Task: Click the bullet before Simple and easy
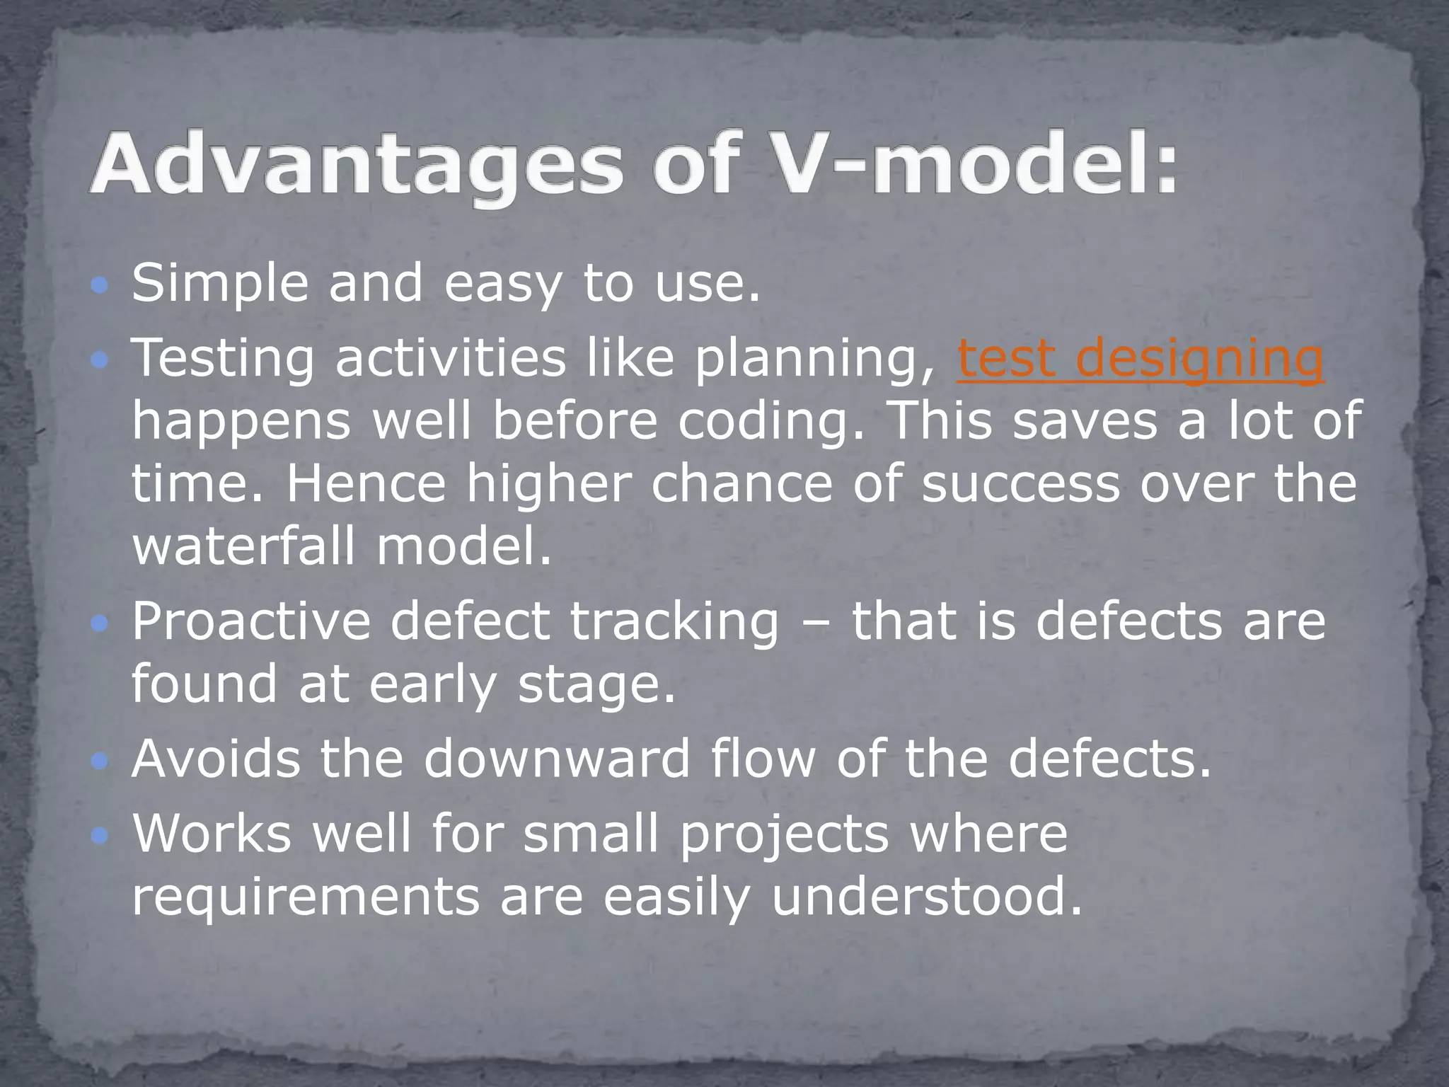(100, 286)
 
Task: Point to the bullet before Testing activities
(100, 362)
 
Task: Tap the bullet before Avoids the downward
(100, 761)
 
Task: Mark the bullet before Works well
(100, 837)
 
